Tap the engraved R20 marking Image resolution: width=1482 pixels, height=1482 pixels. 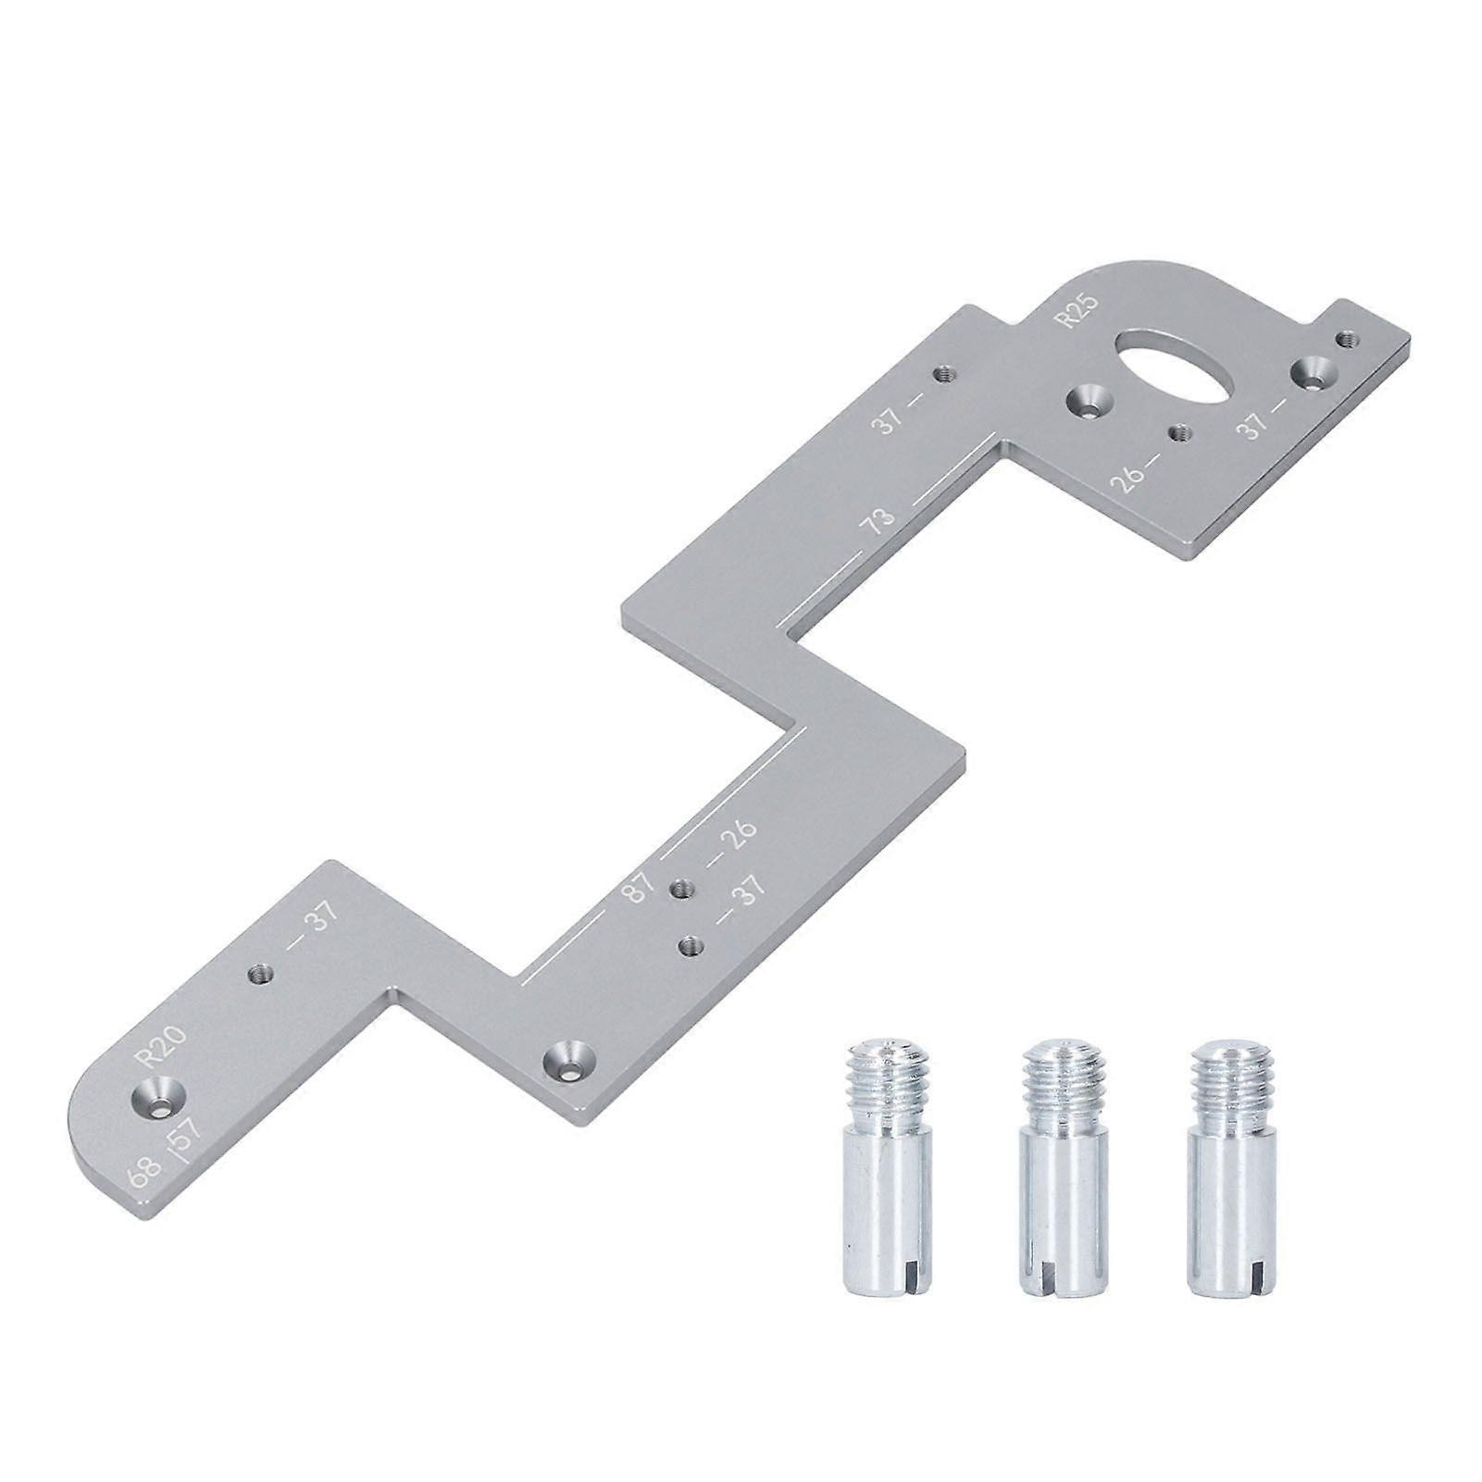[162, 1046]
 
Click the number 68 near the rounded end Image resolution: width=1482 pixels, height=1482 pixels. [143, 1177]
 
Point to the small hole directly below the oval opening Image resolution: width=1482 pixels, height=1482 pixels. [1178, 431]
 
